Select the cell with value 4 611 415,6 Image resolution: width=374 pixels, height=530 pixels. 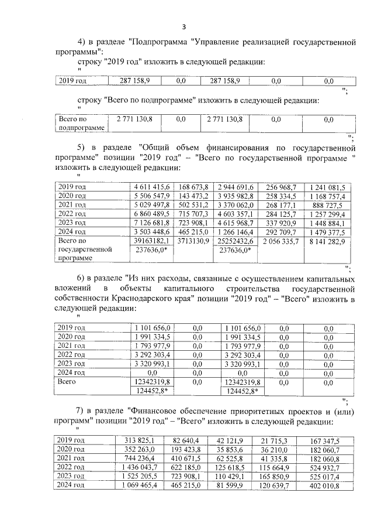153,187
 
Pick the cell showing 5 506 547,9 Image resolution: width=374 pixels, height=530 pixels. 153,196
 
